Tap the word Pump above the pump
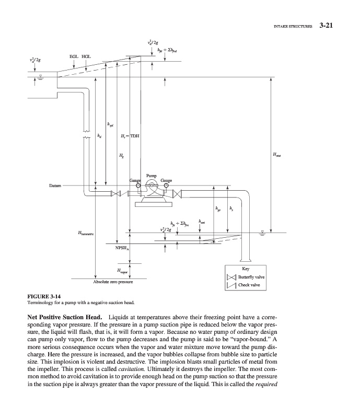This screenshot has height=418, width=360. (x=152, y=177)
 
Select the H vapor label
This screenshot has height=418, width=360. (x=121, y=271)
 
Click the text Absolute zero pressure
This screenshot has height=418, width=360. (x=111, y=282)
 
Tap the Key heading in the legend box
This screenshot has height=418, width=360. (x=246, y=269)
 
